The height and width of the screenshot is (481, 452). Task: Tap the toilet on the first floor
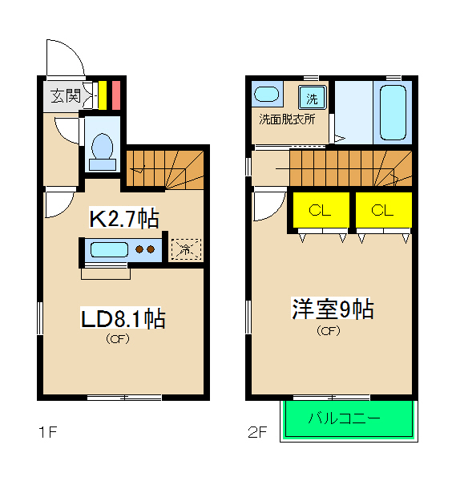[102, 149]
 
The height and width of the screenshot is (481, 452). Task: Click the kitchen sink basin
[109, 249]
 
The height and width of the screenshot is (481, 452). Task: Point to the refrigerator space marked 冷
[185, 249]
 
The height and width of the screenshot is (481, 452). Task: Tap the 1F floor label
[46, 433]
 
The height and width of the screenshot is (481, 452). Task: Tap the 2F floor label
[256, 433]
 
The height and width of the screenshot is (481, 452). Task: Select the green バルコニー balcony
[349, 418]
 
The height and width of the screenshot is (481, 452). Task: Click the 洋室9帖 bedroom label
[332, 309]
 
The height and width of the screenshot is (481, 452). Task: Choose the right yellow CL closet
[383, 211]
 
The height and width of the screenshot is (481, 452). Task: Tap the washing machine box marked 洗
[313, 99]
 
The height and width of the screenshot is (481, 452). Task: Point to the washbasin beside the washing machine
[268, 95]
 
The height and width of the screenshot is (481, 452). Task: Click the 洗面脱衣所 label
[286, 119]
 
